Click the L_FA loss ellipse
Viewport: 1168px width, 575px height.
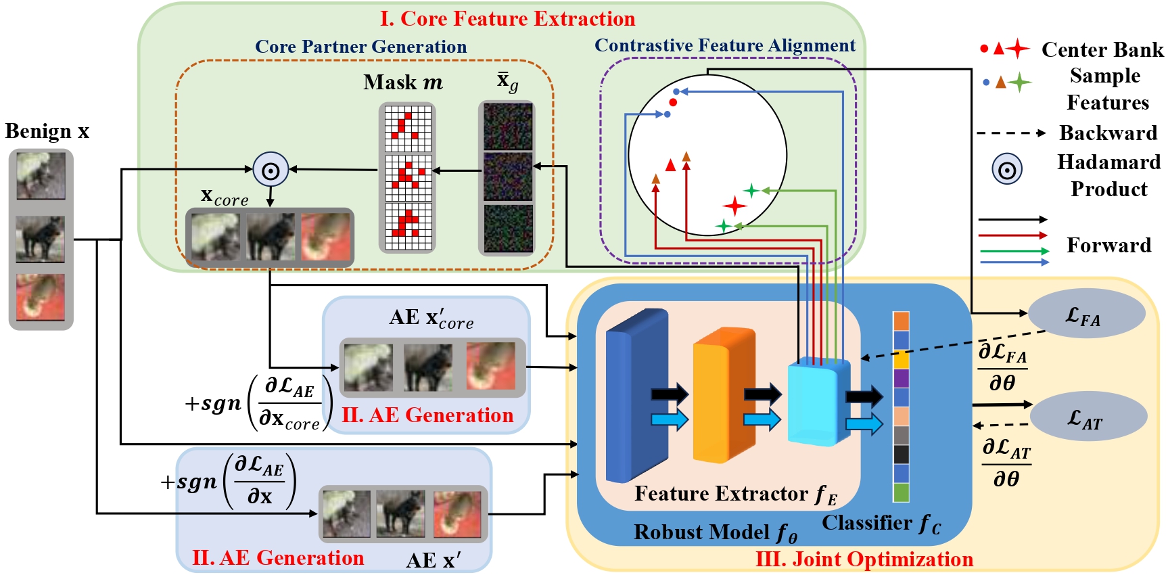pos(1085,314)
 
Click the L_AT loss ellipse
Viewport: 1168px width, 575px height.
pos(1088,417)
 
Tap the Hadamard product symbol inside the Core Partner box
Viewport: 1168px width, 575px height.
pos(271,170)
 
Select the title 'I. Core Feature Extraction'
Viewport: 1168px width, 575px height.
pos(507,18)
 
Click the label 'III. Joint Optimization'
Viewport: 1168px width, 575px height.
pos(864,559)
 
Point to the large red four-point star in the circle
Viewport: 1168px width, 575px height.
pos(734,206)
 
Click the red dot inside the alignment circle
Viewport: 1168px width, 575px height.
pos(673,102)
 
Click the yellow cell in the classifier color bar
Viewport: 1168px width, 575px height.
pos(901,359)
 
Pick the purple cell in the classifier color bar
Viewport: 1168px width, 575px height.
pos(901,378)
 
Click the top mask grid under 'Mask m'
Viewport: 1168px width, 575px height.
pos(407,129)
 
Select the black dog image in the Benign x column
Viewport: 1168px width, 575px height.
pos(41,239)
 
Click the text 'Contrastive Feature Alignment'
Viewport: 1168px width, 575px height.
pos(724,45)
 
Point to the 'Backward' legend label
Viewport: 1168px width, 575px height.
pos(1108,133)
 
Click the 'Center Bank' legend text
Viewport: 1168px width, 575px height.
pos(1102,49)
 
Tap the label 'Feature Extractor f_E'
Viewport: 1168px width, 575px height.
pos(735,495)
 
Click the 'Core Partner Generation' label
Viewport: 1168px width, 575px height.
pos(360,47)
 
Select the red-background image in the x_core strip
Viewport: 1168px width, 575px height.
pos(326,237)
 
